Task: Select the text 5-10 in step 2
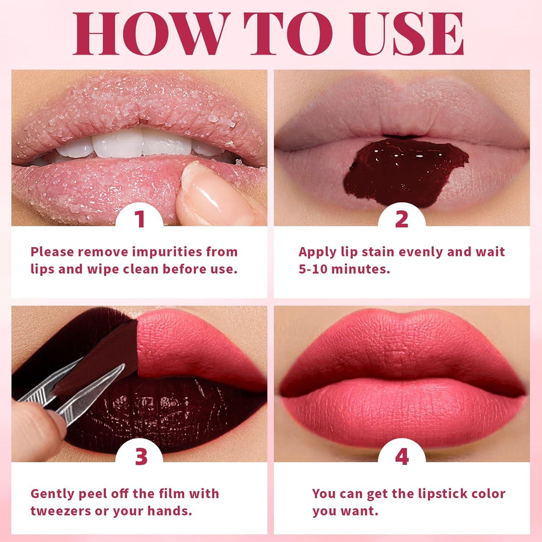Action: tap(313, 270)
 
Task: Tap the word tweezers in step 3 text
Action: tap(61, 511)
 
